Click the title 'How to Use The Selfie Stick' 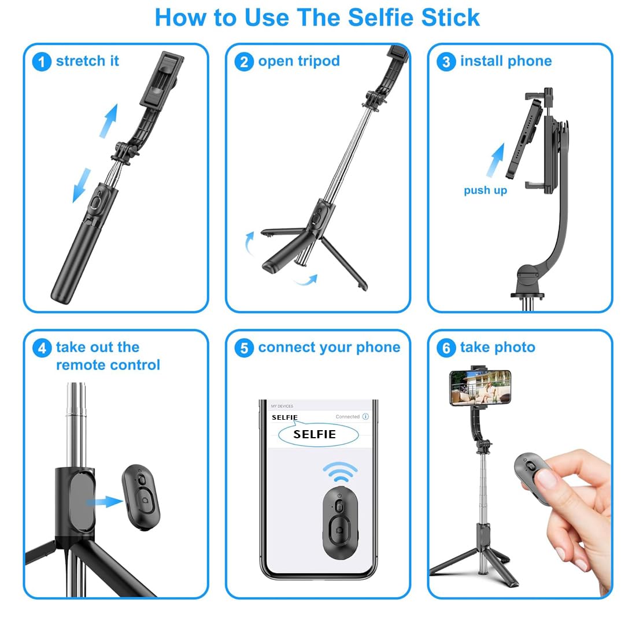coord(317,17)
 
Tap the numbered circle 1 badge coord(42,61)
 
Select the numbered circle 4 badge coord(42,348)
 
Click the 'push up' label coord(485,190)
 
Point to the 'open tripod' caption coord(298,61)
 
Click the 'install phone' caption coord(505,61)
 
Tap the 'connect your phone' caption coord(328,347)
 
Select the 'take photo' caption coord(497,347)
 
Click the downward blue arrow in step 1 coord(82,185)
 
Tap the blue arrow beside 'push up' coord(495,160)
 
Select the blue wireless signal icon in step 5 coord(340,472)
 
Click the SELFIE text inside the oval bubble coord(315,434)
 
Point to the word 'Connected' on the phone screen coord(347,416)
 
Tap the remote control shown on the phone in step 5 coord(340,522)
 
